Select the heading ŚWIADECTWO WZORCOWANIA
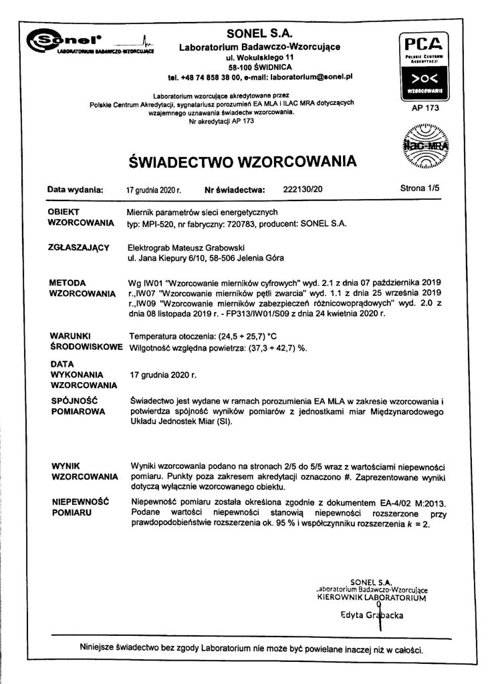[x=241, y=161]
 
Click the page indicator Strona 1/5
[x=419, y=189]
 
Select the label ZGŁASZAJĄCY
[x=80, y=247]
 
